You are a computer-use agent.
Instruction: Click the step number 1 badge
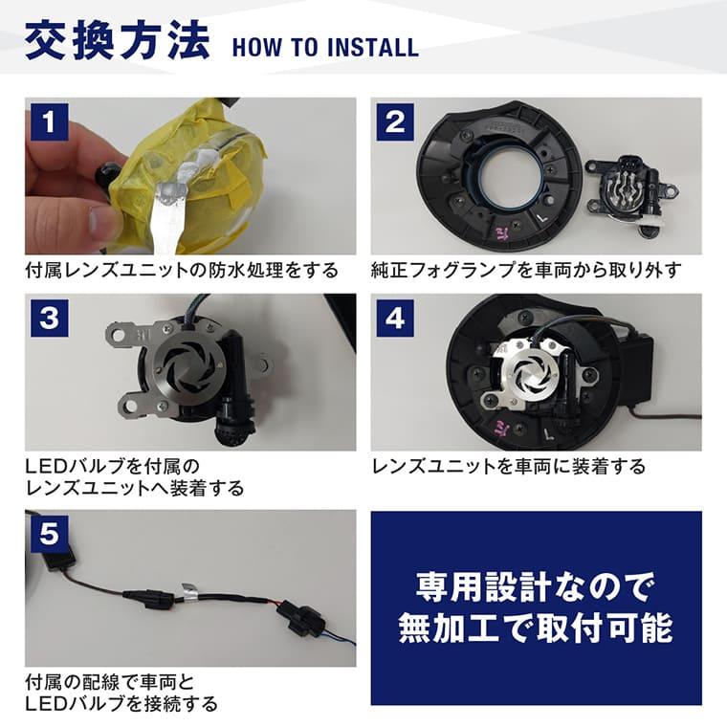49,122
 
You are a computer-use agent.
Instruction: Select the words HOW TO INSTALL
324,47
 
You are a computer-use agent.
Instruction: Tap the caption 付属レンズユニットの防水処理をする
182,271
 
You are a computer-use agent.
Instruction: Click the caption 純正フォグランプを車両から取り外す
526,271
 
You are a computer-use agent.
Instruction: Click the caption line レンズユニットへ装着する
134,489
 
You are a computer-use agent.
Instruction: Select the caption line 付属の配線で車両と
109,683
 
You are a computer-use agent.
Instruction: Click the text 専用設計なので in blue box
536,584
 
